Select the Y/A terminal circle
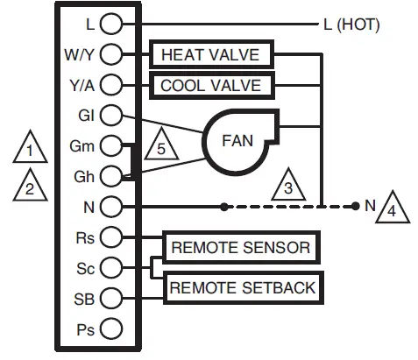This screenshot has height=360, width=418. (110, 85)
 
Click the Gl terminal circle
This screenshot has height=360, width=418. (110, 115)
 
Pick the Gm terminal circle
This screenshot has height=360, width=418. (110, 145)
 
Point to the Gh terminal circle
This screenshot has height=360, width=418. (110, 176)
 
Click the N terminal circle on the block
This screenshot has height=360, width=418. (110, 207)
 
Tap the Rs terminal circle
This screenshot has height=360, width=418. (110, 237)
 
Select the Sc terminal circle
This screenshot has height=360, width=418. (110, 267)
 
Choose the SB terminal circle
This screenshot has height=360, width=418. (110, 298)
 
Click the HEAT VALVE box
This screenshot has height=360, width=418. (211, 55)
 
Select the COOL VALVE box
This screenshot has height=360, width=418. (211, 86)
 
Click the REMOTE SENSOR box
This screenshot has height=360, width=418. (240, 248)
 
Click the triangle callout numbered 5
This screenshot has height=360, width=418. (159, 145)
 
